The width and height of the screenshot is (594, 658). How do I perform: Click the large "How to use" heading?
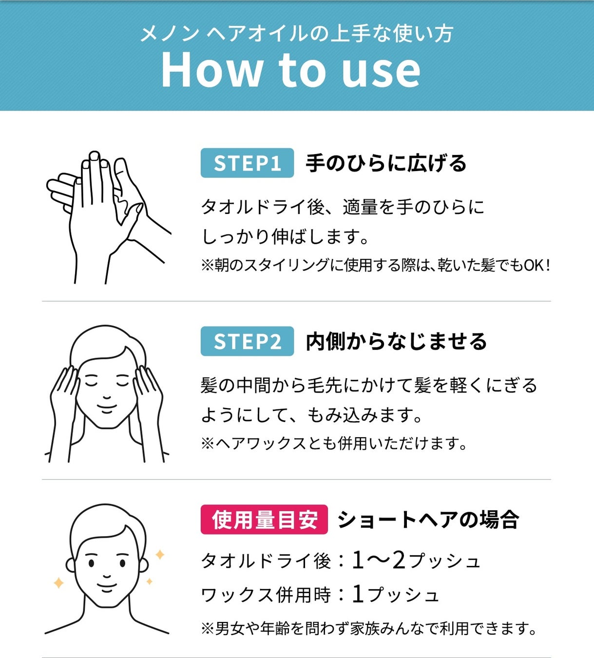pos(290,70)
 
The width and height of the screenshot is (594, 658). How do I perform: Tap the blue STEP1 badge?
pos(247,163)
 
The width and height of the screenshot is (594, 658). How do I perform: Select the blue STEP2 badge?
pos(247,341)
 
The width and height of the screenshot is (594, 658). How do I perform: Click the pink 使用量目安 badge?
pos(264,520)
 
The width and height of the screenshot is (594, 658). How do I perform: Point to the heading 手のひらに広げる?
pos(386,163)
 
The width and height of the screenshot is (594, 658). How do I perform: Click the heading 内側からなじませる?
pos(396,342)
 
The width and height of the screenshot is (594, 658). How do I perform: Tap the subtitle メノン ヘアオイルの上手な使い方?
pos(297,34)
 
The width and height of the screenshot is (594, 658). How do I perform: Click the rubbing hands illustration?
pos(109,217)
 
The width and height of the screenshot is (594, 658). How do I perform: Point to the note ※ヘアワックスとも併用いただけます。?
pos(334,444)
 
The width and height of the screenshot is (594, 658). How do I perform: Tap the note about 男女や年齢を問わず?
pos(369,628)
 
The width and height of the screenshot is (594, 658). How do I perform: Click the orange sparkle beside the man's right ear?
pos(160,555)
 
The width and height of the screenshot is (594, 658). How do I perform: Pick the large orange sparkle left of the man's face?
pos(58,583)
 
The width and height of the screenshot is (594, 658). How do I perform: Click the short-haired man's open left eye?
pos(123,563)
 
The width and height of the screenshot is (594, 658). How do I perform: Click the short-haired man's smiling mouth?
pos(107,587)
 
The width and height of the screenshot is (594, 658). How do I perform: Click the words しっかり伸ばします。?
pos(285,236)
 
